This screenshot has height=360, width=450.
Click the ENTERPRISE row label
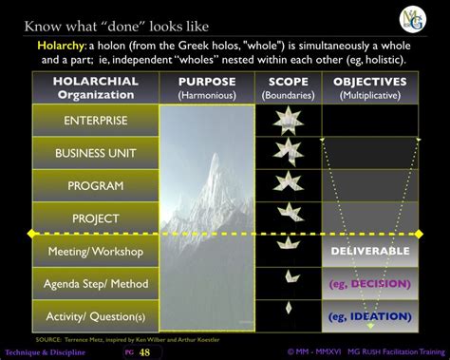click(95, 121)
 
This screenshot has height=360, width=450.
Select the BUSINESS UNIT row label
click(95, 153)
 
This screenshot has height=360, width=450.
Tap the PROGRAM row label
click(95, 186)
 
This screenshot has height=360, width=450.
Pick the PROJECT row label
click(95, 218)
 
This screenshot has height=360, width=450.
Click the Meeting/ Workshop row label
click(95, 251)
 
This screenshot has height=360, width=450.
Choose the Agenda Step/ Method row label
click(95, 283)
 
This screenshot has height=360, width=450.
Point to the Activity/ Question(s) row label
click(95, 315)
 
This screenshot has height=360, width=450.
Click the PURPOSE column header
click(207, 82)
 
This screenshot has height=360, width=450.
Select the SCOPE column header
click(289, 82)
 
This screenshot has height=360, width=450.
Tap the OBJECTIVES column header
click(370, 82)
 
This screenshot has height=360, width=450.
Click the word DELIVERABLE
click(370, 252)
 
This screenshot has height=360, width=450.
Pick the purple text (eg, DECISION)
click(370, 283)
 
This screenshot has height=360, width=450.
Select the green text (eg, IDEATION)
click(370, 315)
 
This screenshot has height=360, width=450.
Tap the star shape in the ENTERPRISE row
click(288, 120)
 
